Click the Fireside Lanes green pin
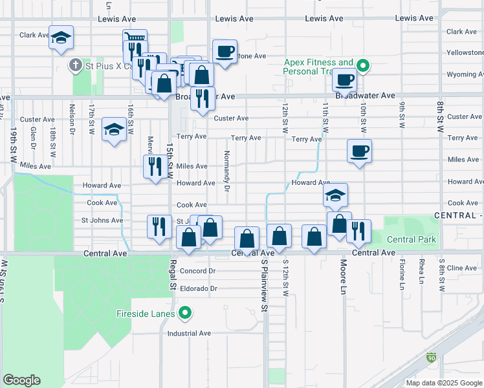pyautogui.click(x=185, y=314)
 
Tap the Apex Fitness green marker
pyautogui.click(x=364, y=65)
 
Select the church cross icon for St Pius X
pyautogui.click(x=75, y=65)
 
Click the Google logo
pyautogui.click(x=21, y=380)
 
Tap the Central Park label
pyautogui.click(x=411, y=240)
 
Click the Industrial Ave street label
pyautogui.click(x=189, y=334)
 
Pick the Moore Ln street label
pyautogui.click(x=343, y=274)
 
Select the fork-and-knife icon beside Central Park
pyautogui.click(x=358, y=230)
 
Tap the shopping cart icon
pyautogui.click(x=135, y=39)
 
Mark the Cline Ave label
pyautogui.click(x=461, y=268)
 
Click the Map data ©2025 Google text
pyautogui.click(x=443, y=383)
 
